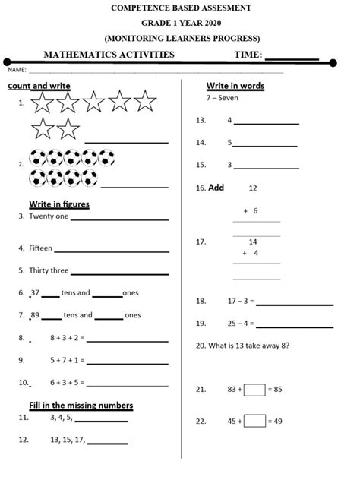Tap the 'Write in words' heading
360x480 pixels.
point(235,86)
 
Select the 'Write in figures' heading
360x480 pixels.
point(59,204)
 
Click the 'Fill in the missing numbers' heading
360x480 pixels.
point(81,405)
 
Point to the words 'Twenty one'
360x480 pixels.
point(49,216)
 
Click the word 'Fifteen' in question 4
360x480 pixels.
point(41,248)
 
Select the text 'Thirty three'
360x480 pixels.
point(49,270)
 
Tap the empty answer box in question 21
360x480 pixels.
point(255,390)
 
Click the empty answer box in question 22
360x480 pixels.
point(255,421)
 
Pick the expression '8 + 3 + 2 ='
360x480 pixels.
point(67,337)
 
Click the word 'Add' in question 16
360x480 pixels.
point(216,187)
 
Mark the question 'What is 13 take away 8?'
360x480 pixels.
point(248,345)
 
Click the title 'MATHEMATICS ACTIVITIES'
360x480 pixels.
point(109,55)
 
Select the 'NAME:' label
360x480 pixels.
point(17,70)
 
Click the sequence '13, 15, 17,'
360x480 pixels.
point(67,440)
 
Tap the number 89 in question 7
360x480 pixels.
point(35,315)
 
